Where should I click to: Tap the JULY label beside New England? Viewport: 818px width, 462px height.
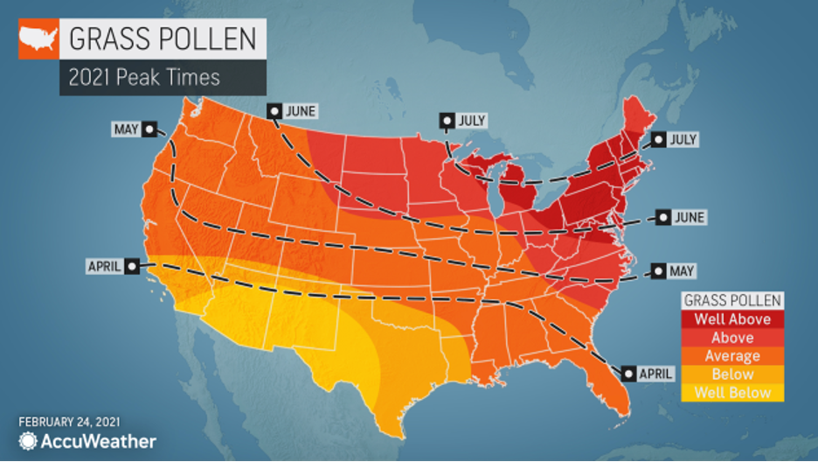[x=683, y=139]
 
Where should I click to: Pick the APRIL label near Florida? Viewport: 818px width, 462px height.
[x=655, y=373]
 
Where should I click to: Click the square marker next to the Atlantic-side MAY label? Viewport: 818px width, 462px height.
[x=656, y=272]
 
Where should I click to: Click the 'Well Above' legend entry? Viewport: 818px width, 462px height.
[x=732, y=318]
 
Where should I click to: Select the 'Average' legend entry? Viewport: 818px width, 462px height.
[x=732, y=355]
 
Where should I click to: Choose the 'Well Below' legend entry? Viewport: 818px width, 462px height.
[x=732, y=392]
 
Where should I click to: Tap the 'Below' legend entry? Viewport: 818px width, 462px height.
[x=732, y=374]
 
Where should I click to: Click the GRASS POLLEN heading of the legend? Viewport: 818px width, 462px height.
[x=732, y=299]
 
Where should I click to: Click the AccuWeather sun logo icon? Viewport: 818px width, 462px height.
[x=29, y=442]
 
